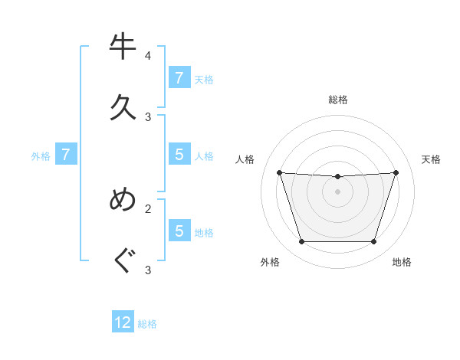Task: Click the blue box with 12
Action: tap(123, 322)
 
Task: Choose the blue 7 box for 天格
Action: tap(179, 78)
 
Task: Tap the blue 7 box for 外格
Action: tap(66, 155)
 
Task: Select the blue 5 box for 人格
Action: tap(179, 155)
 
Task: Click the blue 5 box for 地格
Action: tap(179, 231)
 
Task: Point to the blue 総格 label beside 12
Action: tap(147, 324)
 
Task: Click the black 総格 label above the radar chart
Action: tap(338, 100)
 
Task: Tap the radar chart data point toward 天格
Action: tap(396, 172)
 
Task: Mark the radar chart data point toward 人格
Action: tap(280, 172)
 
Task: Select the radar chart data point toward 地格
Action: tap(374, 242)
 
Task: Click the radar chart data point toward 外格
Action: tap(301, 242)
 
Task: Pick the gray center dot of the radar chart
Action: tap(338, 191)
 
